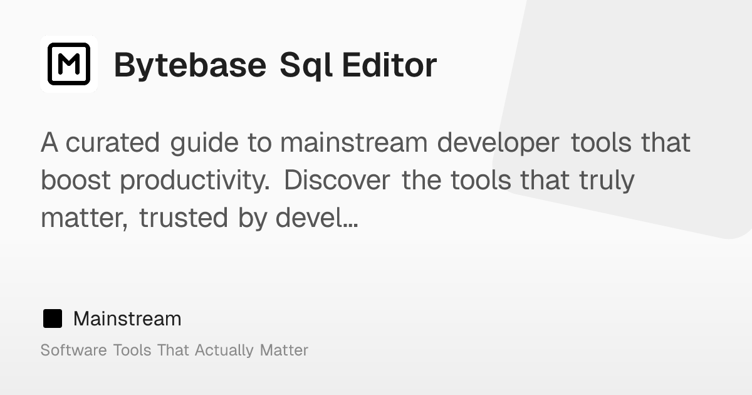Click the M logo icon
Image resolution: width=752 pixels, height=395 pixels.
coord(69,64)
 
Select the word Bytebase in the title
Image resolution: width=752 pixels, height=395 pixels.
coord(190,65)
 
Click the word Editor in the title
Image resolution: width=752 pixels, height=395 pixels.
coord(389,65)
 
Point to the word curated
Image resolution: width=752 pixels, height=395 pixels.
coord(113,143)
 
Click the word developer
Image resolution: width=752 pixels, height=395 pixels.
coord(498,143)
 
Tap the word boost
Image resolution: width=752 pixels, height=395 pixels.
coord(76,181)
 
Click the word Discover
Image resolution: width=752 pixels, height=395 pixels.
coord(338,181)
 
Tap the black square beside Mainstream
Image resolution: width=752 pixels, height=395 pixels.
coord(53,319)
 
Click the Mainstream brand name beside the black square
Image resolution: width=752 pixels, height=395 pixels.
coord(127,319)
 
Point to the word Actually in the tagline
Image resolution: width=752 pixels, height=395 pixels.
coord(224,350)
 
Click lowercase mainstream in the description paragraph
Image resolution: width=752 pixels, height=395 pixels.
coord(353,143)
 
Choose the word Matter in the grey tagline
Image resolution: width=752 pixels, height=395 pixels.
coord(284,350)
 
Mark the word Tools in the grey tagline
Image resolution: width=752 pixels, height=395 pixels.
coord(132,350)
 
